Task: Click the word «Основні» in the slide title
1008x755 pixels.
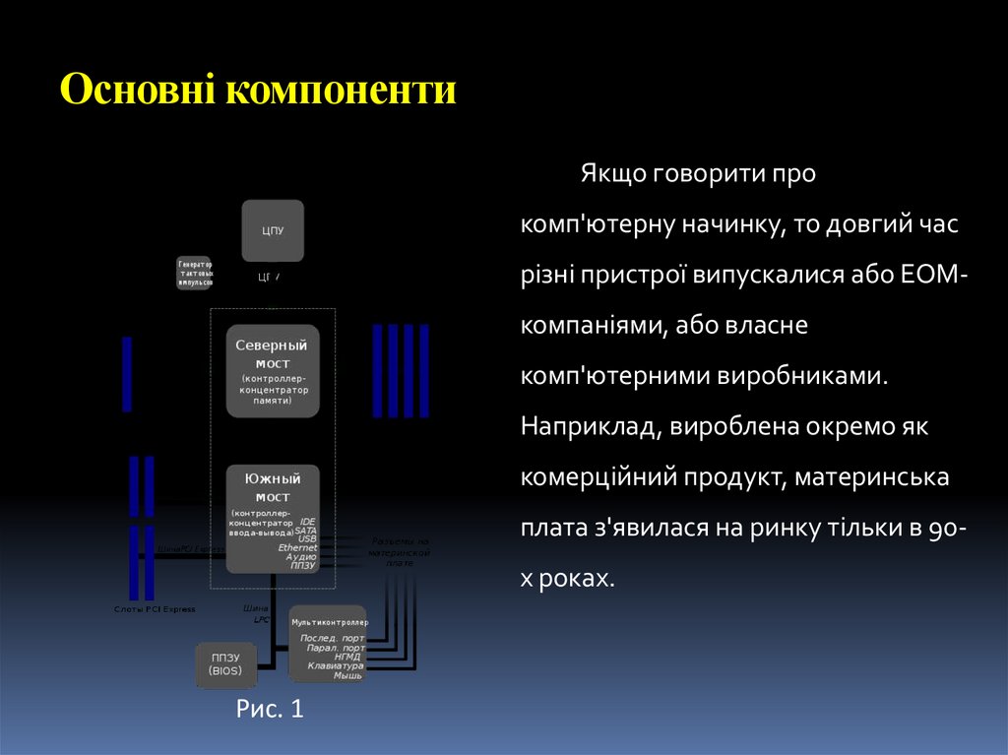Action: [x=139, y=90]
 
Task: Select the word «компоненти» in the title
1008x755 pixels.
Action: [x=342, y=90]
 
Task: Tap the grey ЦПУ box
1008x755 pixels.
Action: [x=273, y=230]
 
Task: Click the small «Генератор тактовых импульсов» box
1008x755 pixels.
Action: [x=194, y=273]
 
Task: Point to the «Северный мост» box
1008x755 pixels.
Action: [x=273, y=371]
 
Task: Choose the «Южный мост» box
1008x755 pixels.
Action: [x=273, y=518]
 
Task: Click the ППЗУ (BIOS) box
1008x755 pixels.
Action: [x=226, y=664]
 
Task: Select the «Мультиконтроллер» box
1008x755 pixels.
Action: [x=328, y=643]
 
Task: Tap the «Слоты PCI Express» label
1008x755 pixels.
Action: [x=155, y=609]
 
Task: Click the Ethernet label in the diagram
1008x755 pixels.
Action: [x=297, y=547]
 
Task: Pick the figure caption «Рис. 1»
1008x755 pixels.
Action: [x=271, y=710]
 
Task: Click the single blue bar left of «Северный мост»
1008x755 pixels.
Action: [x=127, y=373]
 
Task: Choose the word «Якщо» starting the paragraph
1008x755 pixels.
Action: [x=610, y=173]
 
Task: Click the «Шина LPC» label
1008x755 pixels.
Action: [x=258, y=613]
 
